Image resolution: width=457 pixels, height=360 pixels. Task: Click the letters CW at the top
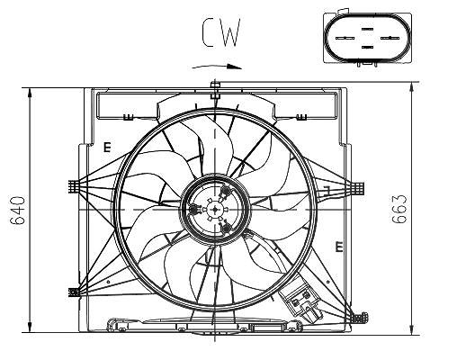pyautogui.click(x=221, y=32)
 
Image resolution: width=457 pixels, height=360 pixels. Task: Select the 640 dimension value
pyautogui.click(x=18, y=211)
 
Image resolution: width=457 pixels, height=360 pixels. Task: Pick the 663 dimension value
pyautogui.click(x=399, y=209)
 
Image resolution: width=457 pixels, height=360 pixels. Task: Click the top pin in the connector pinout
pyautogui.click(x=367, y=29)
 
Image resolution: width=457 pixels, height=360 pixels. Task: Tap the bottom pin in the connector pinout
pyautogui.click(x=367, y=47)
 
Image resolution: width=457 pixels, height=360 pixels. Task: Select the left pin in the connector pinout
pyautogui.click(x=345, y=38)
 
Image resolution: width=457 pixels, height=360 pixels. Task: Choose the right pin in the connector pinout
pyautogui.click(x=390, y=38)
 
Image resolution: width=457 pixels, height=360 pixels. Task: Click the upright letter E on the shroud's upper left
pyautogui.click(x=107, y=148)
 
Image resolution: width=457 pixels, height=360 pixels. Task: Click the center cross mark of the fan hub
pyautogui.click(x=215, y=210)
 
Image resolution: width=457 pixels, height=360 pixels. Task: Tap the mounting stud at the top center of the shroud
pyautogui.click(x=215, y=89)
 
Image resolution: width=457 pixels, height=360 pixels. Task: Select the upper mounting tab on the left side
pyautogui.click(x=74, y=186)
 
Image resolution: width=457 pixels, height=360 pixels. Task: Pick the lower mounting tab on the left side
pyautogui.click(x=74, y=292)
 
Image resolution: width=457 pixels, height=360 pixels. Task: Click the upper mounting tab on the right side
pyautogui.click(x=358, y=188)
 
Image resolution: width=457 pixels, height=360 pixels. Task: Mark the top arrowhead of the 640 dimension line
pyautogui.click(x=30, y=93)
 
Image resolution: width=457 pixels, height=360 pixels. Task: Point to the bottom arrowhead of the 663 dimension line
pyautogui.click(x=413, y=329)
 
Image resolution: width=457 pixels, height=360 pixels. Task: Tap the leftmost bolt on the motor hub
pyautogui.click(x=194, y=209)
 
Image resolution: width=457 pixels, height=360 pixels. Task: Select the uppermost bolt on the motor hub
pyautogui.click(x=225, y=191)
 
